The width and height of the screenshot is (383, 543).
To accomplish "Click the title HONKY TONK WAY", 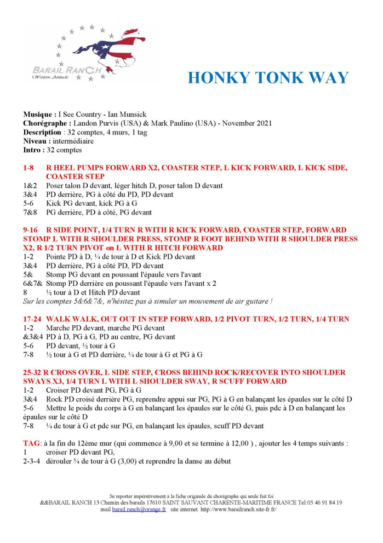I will coord(268,78).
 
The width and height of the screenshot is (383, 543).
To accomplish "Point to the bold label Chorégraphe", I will coord(47,123).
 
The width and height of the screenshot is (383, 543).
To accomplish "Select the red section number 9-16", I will coord(32,230).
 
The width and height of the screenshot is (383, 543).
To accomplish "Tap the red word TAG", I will coord(31,443).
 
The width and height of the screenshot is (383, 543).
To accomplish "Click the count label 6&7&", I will coord(32,284).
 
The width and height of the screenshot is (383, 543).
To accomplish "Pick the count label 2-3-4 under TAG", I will coord(32,461).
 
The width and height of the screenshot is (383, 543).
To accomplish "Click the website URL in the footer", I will coord(238,510).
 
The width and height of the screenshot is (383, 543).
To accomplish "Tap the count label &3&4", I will coord(32,337).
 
